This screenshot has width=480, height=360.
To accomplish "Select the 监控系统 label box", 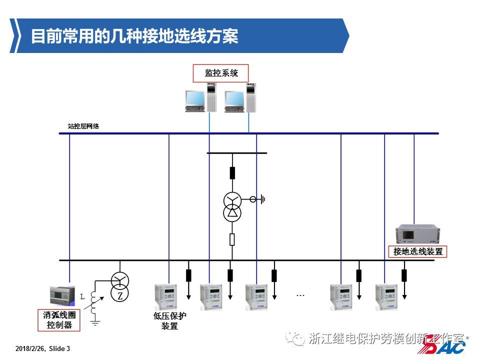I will point(221,73).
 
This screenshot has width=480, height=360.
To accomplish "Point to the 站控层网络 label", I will point(83,126).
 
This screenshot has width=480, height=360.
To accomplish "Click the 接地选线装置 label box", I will point(417,251).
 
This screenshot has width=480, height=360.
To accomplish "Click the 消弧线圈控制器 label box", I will point(59,320).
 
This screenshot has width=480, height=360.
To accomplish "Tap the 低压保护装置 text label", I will point(169,321).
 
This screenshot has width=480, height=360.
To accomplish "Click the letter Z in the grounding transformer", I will point(120,296).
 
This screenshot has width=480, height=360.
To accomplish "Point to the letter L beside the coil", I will point(82,296).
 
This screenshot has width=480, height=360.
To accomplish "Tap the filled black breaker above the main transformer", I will point(232,173).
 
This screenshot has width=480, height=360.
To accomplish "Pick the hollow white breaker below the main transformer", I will point(232,239).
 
